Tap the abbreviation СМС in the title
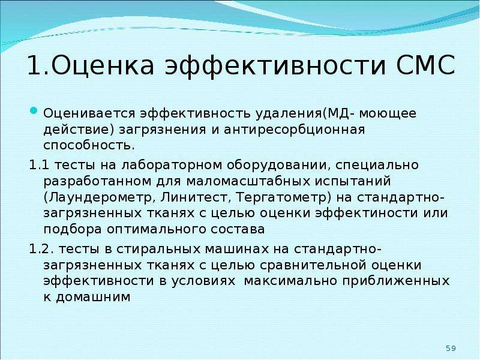(425, 65)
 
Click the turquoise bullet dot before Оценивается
(34, 110)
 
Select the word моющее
(388, 113)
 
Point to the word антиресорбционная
(294, 130)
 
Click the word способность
(89, 145)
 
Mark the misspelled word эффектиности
(367, 214)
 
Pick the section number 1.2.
(41, 249)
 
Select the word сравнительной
(313, 265)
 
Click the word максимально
(290, 281)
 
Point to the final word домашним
(93, 297)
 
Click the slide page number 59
(451, 349)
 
